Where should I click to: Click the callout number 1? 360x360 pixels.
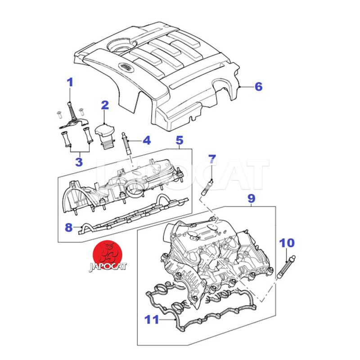pyautogui.click(x=70, y=82)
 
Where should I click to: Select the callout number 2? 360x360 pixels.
pyautogui.click(x=105, y=105)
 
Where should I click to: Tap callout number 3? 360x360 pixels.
pyautogui.click(x=78, y=161)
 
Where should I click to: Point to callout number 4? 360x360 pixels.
pyautogui.click(x=146, y=141)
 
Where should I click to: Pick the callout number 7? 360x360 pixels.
pyautogui.click(x=212, y=158)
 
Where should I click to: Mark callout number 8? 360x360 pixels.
pyautogui.click(x=68, y=227)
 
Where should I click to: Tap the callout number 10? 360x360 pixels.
pyautogui.click(x=287, y=243)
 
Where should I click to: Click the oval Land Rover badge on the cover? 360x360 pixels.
pyautogui.click(x=126, y=67)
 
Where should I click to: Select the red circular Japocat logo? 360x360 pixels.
pyautogui.click(x=108, y=253)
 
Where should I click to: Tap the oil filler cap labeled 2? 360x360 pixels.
pyautogui.click(x=104, y=132)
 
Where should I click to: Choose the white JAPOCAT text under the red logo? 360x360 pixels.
pyautogui.click(x=108, y=266)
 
